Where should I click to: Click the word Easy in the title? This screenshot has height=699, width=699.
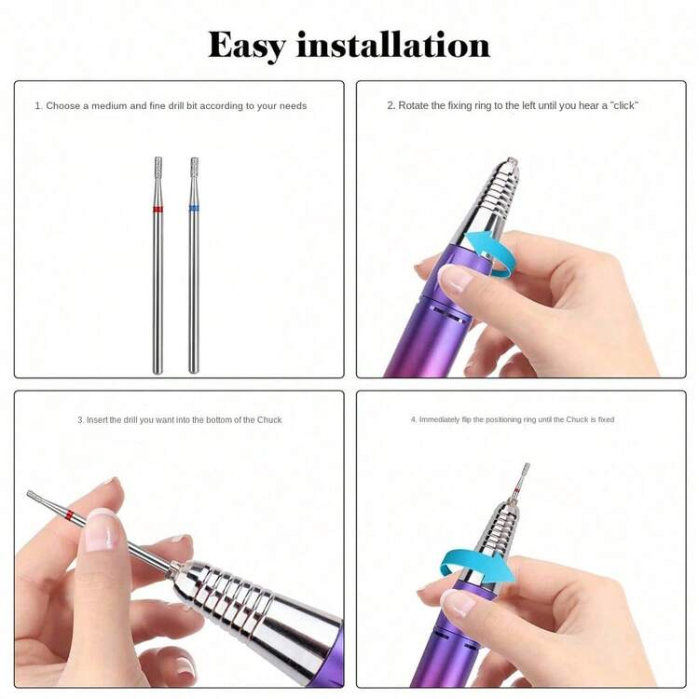point(247,46)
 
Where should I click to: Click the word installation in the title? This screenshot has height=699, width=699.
point(393,45)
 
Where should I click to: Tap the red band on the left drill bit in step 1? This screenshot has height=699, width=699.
point(158,209)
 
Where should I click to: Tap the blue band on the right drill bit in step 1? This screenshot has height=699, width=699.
point(194,209)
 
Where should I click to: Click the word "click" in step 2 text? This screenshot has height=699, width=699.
point(624,105)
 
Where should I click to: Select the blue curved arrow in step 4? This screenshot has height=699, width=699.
point(477,566)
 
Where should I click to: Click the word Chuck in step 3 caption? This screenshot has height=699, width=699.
point(269,420)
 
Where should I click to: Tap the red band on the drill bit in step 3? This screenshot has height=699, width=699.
point(69,514)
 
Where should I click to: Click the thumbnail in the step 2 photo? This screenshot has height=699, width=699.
point(455,278)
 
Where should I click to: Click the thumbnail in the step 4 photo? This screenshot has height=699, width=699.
point(459,602)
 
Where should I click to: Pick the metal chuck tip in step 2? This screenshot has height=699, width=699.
point(513,162)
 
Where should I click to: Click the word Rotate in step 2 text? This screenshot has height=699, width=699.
point(415,105)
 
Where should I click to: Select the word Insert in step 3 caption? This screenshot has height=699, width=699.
point(97,420)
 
